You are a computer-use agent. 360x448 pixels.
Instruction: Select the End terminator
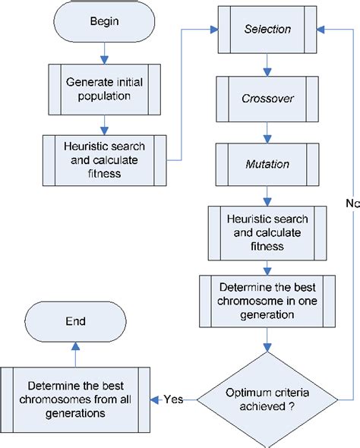click(75, 321)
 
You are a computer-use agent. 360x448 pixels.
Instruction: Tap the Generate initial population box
click(105, 88)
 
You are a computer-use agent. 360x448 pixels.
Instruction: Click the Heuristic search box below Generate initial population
click(105, 159)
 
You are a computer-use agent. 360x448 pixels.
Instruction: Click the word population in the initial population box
click(105, 96)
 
